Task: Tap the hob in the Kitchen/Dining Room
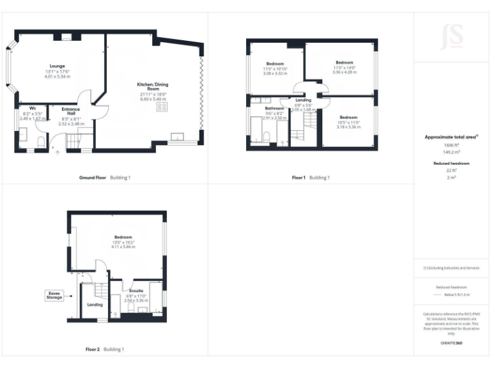pyautogui.click(x=160, y=108)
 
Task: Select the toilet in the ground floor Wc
pyautogui.click(x=40, y=142)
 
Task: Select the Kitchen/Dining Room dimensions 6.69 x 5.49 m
pyautogui.click(x=153, y=100)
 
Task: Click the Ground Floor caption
pyautogui.click(x=92, y=177)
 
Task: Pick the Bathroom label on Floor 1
pyautogui.click(x=274, y=109)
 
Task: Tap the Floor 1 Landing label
pyautogui.click(x=303, y=100)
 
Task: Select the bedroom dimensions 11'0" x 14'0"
pyautogui.click(x=344, y=68)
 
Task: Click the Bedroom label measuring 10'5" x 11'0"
pyautogui.click(x=348, y=118)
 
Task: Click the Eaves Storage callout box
pyautogui.click(x=54, y=295)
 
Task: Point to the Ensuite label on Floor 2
pyautogui.click(x=136, y=291)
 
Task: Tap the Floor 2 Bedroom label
pyautogui.click(x=123, y=237)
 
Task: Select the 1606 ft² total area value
pyautogui.click(x=451, y=146)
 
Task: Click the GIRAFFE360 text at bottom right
pyautogui.click(x=451, y=344)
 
